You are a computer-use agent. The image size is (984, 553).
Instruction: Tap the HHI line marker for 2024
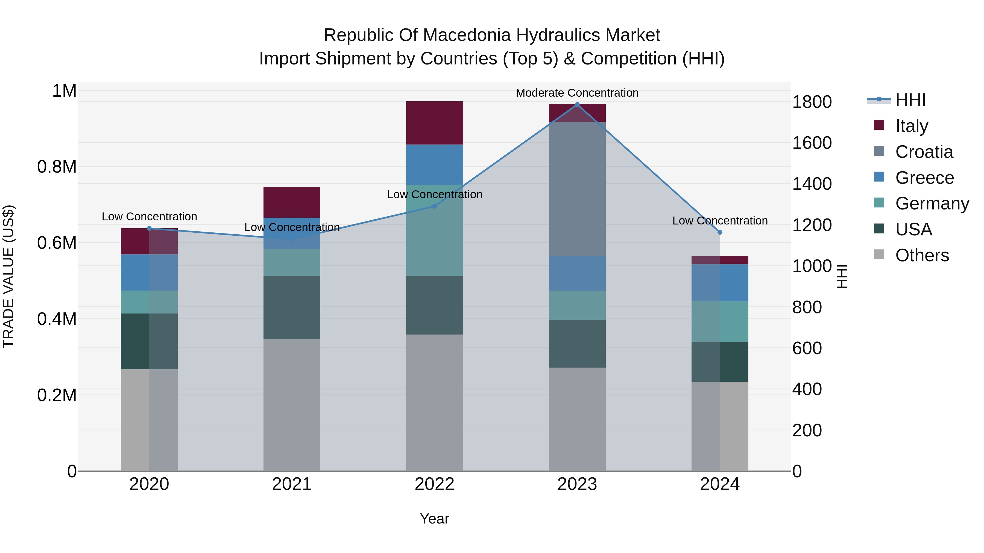[720, 232]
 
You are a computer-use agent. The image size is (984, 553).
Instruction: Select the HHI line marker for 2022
[434, 206]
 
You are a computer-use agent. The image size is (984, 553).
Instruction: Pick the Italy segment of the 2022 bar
[434, 123]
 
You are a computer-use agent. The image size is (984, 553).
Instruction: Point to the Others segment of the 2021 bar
[292, 404]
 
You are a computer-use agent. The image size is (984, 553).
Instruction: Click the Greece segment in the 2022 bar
[434, 164]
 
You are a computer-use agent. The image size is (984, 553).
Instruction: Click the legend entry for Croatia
[924, 152]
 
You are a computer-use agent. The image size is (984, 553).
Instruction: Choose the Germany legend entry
[932, 203]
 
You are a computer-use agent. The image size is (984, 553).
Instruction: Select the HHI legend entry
[910, 100]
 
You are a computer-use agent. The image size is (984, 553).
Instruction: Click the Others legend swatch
[879, 255]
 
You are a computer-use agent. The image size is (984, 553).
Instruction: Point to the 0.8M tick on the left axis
[57, 167]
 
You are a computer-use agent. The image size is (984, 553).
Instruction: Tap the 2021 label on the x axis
[292, 484]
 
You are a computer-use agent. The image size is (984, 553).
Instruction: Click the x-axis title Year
[434, 519]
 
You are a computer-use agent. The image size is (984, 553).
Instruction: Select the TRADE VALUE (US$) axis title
[8, 276]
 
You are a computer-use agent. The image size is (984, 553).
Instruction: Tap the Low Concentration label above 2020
[149, 216]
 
